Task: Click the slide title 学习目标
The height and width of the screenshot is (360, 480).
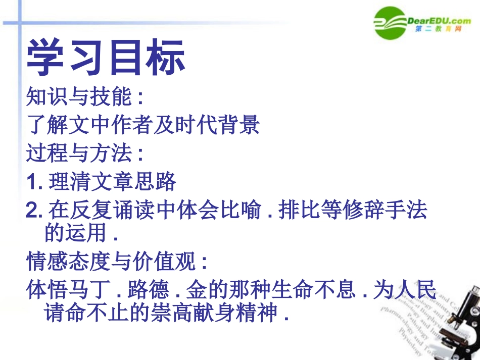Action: (x=106, y=59)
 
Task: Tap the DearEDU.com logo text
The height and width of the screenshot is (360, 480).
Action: (x=438, y=20)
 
